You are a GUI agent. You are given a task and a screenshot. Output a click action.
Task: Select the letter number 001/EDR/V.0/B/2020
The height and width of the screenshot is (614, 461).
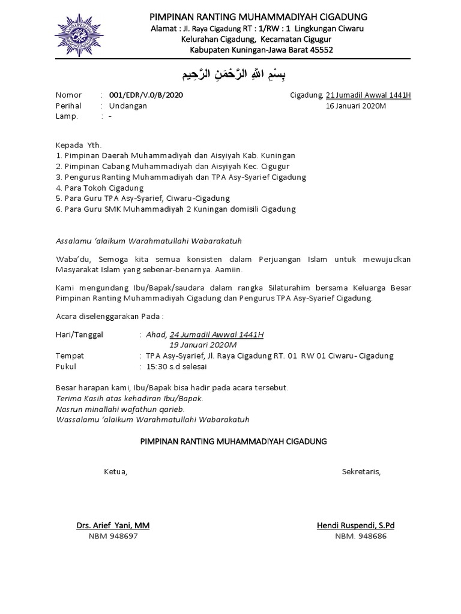[146, 95]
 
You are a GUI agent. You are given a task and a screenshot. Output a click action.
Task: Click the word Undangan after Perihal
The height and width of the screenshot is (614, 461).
[127, 106]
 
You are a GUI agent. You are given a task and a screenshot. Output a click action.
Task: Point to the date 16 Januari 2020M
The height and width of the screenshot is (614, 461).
[356, 106]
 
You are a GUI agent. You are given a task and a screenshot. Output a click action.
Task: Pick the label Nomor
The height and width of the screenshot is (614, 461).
[68, 95]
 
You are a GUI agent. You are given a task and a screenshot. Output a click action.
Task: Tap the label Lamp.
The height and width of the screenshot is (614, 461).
[67, 116]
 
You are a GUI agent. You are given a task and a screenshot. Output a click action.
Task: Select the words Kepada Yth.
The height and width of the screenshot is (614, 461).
[79, 145]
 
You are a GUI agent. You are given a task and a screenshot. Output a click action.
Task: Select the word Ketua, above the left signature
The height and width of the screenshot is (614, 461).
[116, 471]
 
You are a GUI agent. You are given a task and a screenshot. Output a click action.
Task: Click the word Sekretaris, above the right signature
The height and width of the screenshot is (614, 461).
[361, 471]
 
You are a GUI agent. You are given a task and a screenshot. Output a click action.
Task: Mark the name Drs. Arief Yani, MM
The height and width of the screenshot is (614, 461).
[113, 526]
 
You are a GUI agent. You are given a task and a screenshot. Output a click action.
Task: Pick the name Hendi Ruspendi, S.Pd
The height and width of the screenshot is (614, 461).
[356, 526]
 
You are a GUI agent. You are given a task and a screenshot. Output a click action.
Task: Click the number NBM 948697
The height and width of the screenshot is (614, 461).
[113, 537]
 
